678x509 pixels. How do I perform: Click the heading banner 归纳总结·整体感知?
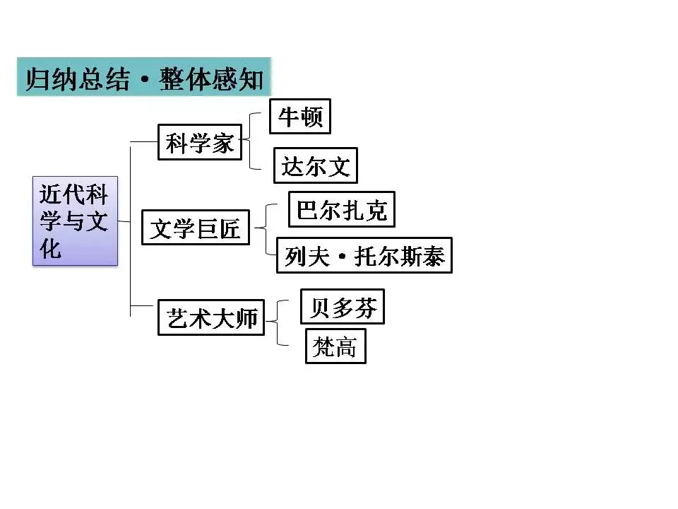pos(144,77)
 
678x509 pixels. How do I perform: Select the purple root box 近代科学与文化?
pos(75,221)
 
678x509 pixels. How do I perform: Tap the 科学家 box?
pos(200,142)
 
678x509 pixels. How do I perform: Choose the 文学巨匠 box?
pos(196,228)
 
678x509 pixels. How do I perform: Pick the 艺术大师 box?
pos(210,318)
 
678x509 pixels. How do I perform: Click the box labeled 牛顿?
pos(300,116)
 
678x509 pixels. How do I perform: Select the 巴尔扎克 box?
pos(342,210)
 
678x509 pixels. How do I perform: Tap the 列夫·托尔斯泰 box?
pos(364,255)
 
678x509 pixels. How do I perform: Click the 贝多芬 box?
pos(343,307)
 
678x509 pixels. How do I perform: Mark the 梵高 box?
pos(335,346)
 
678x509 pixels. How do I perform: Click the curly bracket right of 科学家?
pos(251,141)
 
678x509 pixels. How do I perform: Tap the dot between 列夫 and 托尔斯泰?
pos(340,257)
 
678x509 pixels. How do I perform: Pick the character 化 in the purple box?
pos(51,248)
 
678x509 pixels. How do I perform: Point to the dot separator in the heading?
pos(145,80)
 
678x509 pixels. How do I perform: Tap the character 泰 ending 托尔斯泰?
pos(433,256)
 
